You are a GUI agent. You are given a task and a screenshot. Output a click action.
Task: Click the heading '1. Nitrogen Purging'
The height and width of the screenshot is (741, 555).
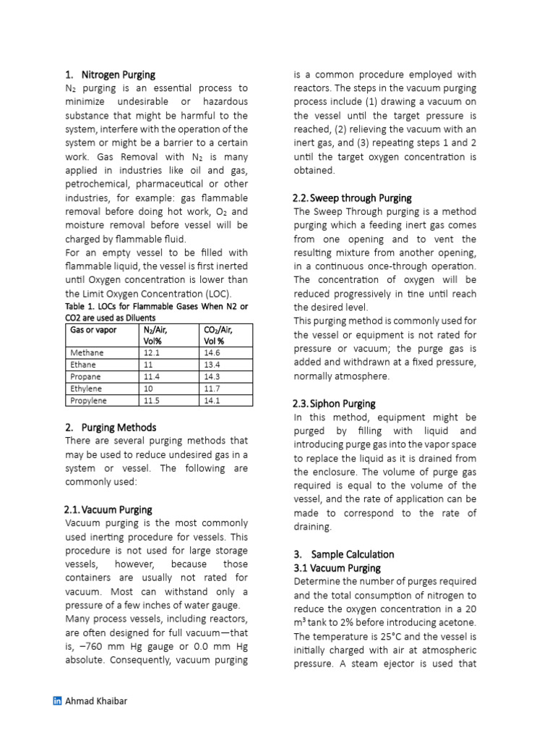point(110,75)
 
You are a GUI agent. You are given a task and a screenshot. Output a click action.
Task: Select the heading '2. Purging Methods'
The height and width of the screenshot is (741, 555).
point(110,427)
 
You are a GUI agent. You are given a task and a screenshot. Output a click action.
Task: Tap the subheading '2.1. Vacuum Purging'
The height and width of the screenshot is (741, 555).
point(108,509)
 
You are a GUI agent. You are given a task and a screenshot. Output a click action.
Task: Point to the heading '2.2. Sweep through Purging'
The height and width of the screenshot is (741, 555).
point(352,198)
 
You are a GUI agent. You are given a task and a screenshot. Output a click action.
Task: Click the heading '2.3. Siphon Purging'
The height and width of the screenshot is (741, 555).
point(334,404)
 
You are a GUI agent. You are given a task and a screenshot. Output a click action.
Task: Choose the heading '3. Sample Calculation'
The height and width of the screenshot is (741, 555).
point(343,554)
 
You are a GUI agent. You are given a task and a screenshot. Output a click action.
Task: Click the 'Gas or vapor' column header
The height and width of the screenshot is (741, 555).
point(93,329)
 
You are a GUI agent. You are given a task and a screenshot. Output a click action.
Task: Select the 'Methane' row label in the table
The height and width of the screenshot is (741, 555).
point(87,352)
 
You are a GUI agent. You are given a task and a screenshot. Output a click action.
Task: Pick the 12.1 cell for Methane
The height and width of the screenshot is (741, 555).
point(152,352)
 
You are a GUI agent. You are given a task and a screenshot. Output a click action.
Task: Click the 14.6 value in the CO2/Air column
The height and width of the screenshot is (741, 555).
point(212,352)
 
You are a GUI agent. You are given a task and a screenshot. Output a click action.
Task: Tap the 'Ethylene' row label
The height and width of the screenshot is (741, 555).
point(86,388)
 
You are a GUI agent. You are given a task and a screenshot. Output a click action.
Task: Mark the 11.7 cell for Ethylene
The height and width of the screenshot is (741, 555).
point(212,388)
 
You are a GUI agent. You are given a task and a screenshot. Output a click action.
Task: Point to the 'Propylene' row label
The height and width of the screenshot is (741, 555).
point(88,400)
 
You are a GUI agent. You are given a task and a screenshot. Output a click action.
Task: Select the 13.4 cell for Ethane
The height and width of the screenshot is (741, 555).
point(212,365)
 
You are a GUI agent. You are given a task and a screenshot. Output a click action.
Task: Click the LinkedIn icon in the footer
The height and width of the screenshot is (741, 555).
point(58,700)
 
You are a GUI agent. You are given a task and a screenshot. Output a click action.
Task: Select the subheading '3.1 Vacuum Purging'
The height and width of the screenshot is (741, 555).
point(337,568)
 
